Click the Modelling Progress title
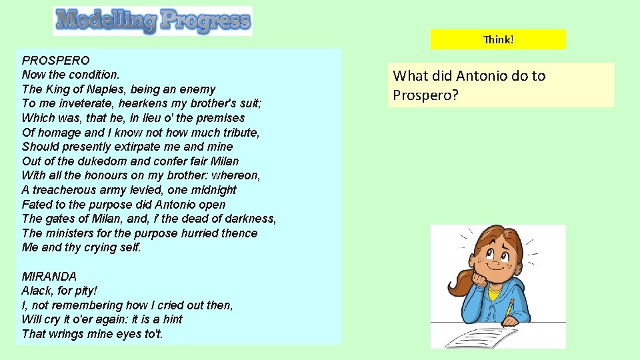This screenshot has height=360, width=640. pos(153,21)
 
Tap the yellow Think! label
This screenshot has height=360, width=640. pos(498,39)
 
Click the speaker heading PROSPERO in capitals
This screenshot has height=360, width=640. pos(55,60)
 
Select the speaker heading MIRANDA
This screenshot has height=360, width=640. pos(49,276)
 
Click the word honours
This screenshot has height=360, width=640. pos(102,175)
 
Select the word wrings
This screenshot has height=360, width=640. pos(63,334)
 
